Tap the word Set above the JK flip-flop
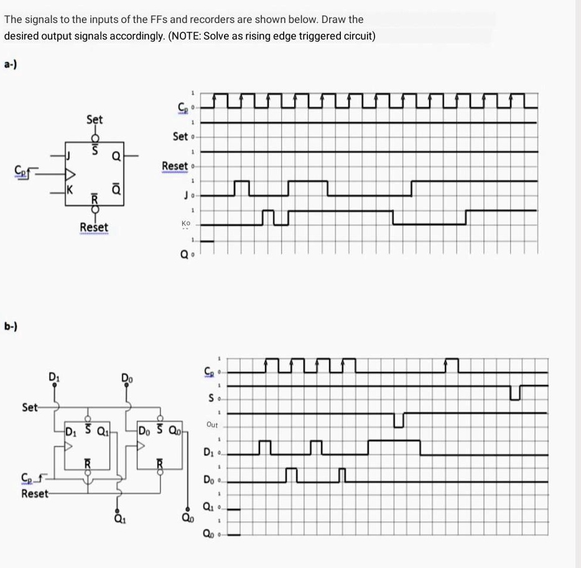coord(95,119)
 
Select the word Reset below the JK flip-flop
coord(94,228)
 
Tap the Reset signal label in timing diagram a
coord(174,166)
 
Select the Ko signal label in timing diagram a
coord(185,223)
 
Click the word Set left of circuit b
coord(30,407)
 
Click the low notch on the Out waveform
coord(399,421)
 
